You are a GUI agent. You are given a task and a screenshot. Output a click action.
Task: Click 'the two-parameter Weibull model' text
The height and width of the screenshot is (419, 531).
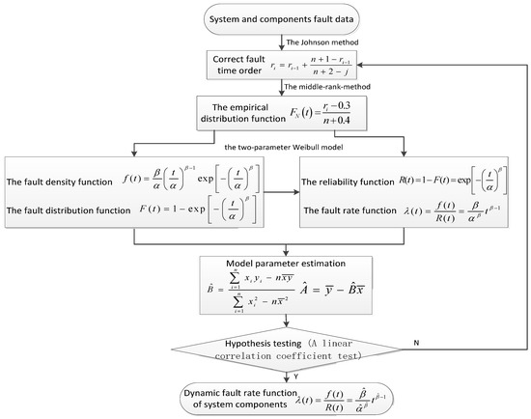(265, 146)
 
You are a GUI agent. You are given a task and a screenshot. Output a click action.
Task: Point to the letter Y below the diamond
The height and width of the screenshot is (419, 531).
(269, 371)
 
